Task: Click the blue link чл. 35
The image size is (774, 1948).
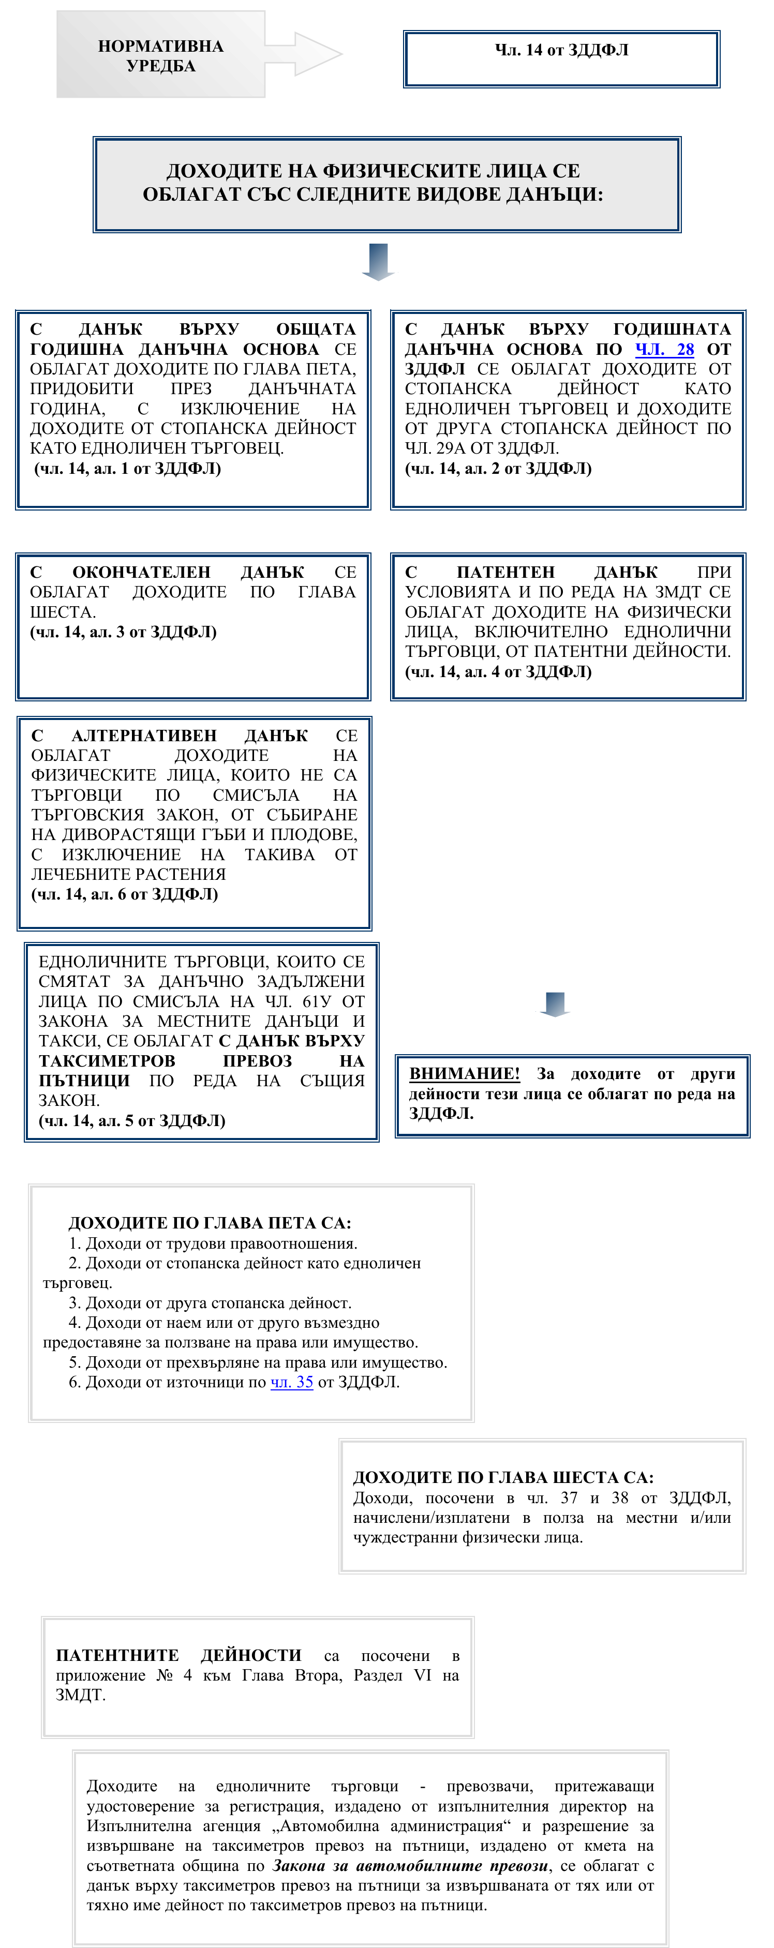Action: (x=291, y=1382)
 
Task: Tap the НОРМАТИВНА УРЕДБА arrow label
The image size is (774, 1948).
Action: (x=160, y=56)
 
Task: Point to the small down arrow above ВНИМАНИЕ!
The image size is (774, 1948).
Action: (x=555, y=1004)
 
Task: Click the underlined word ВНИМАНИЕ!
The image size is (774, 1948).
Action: (x=465, y=1073)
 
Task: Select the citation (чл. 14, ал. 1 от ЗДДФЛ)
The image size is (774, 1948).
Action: (x=128, y=468)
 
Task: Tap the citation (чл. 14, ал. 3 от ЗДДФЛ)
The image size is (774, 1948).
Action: (x=123, y=632)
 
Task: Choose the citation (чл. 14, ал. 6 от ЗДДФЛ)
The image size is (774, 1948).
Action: (x=125, y=894)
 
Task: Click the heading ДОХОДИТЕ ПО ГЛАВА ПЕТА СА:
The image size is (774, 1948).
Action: (x=210, y=1223)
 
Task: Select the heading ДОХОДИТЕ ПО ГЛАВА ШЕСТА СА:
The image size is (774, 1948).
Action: (x=503, y=1477)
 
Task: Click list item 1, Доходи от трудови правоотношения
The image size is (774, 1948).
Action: (x=213, y=1243)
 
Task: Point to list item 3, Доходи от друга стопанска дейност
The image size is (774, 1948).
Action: (x=211, y=1302)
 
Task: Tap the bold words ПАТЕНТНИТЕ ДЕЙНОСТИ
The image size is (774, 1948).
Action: (x=178, y=1655)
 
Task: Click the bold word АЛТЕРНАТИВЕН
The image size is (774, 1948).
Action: (x=144, y=735)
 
